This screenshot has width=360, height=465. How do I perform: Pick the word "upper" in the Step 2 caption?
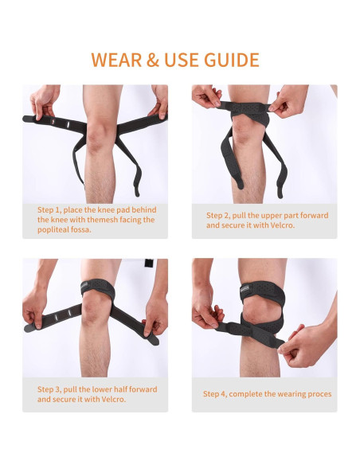(273, 215)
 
